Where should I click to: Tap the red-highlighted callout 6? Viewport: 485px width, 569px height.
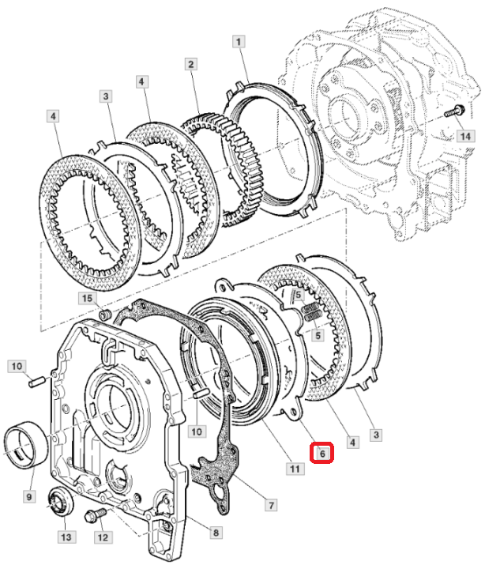point(322,453)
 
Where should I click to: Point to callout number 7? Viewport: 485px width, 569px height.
point(271,503)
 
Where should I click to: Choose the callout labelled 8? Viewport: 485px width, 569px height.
point(216,533)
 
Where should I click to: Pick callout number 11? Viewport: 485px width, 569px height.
point(294,469)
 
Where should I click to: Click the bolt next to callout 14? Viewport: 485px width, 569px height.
point(453,113)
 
